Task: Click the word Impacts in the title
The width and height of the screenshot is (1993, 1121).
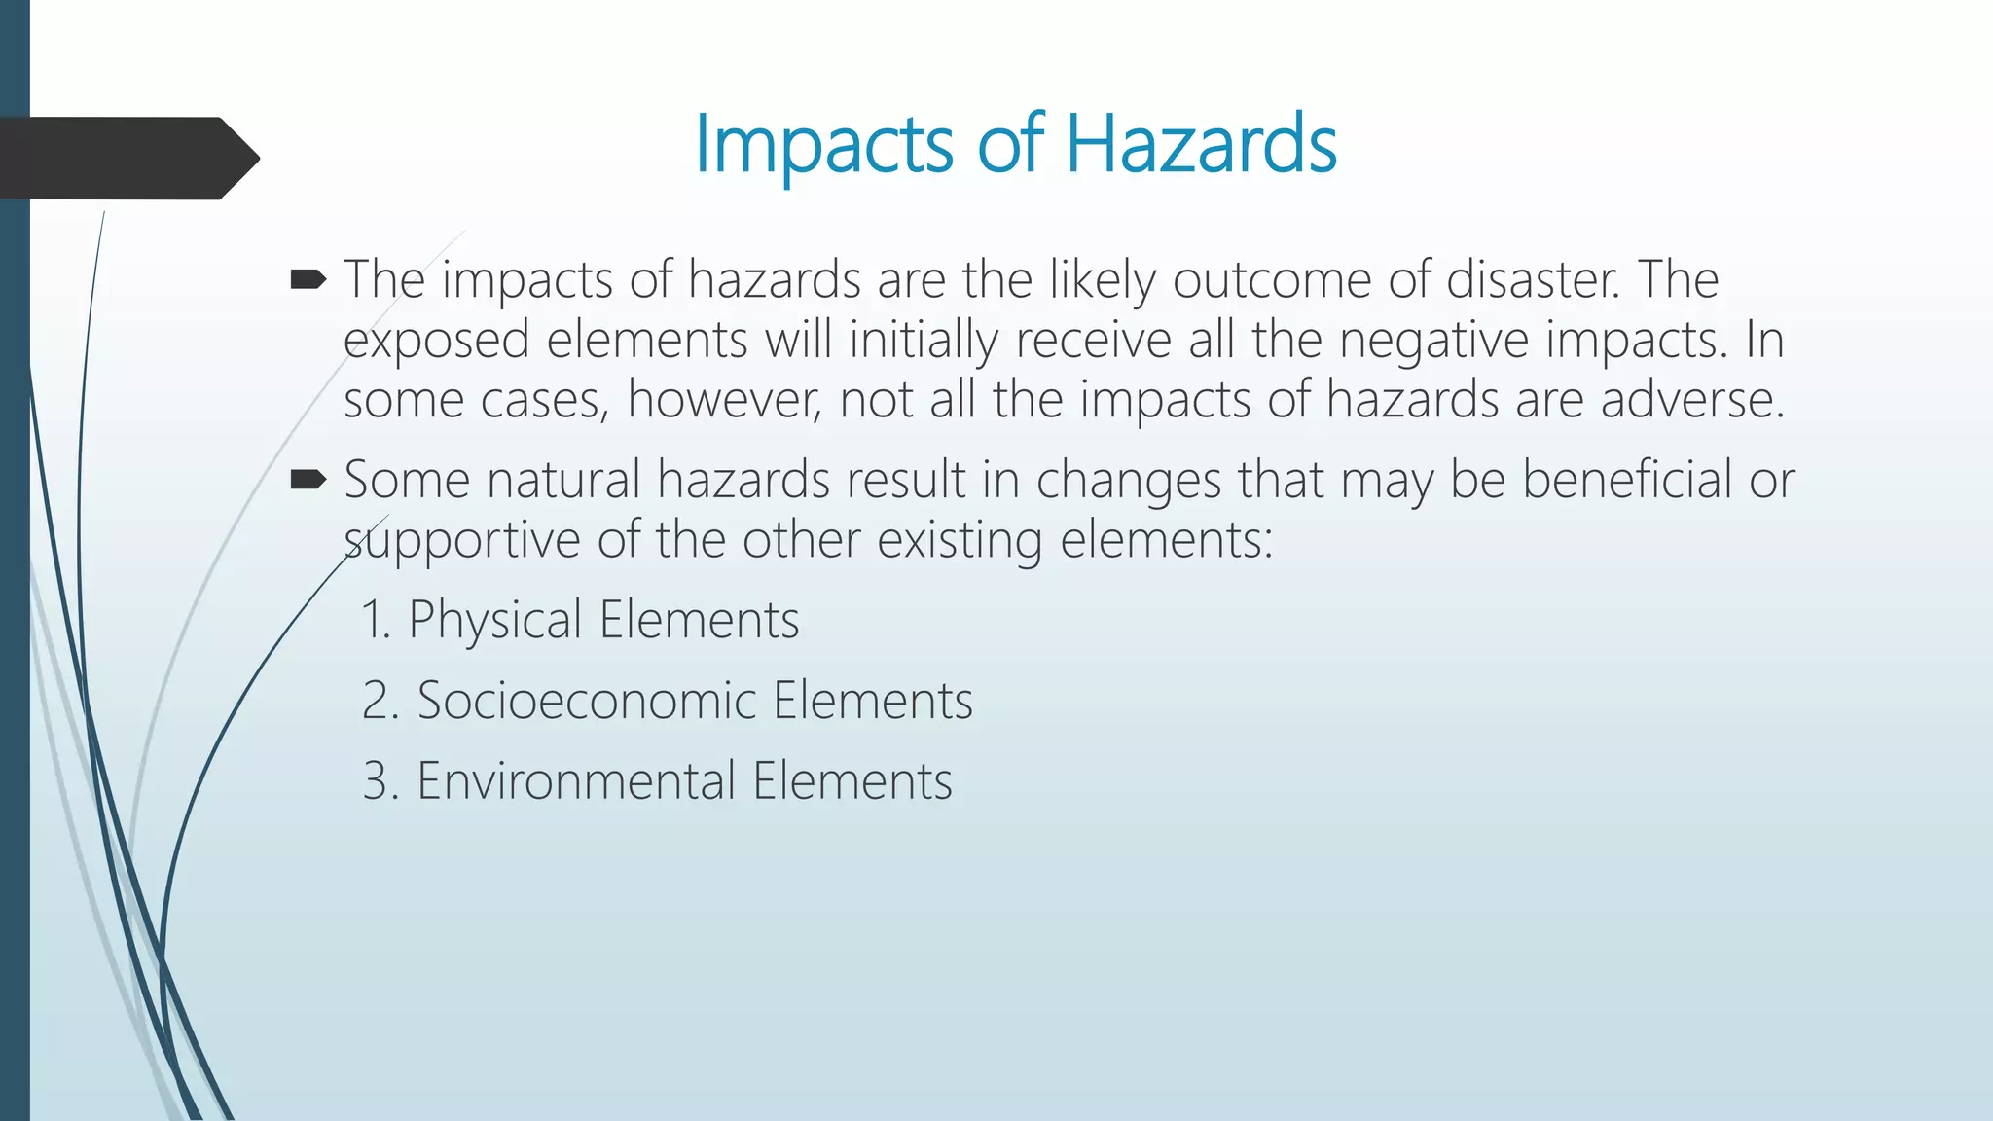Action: point(823,146)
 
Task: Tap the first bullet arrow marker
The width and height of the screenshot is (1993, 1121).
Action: point(308,281)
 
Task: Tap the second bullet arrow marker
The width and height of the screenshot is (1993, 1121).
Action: point(308,479)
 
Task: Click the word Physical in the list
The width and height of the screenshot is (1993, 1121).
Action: point(494,620)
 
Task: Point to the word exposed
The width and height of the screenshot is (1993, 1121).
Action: point(435,342)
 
